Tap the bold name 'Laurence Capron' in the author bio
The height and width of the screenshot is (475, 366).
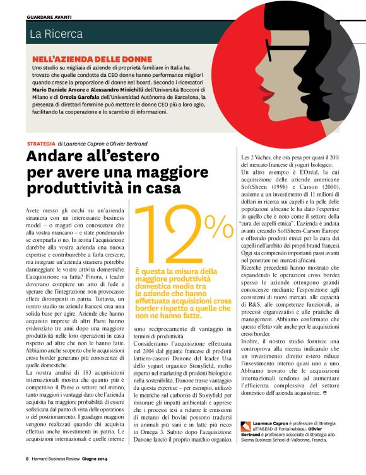[273, 424]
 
